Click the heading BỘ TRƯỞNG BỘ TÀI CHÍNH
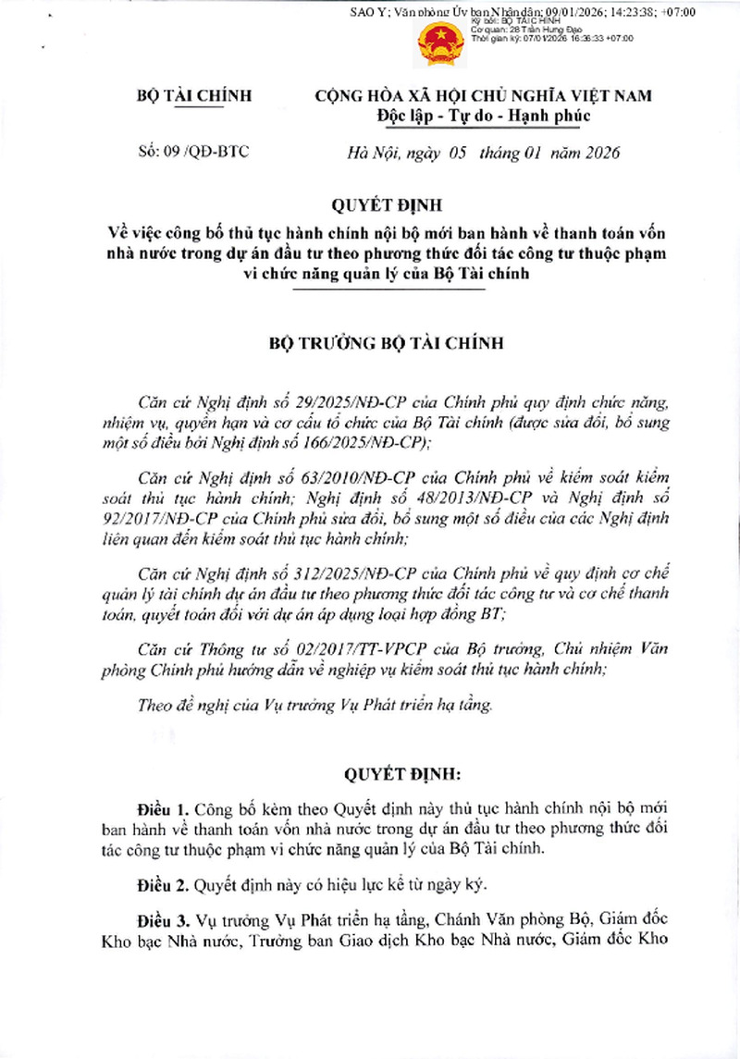[386, 344]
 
